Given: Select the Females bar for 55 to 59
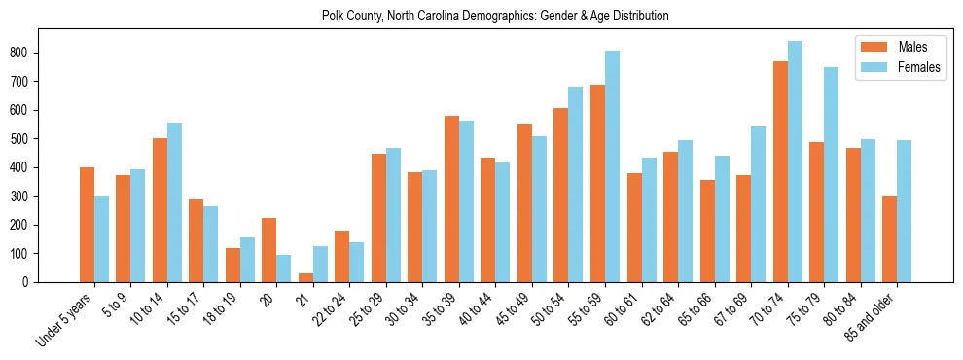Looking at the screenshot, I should [612, 166].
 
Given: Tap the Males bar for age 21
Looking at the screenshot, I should [305, 277].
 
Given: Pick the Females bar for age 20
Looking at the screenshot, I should [284, 269].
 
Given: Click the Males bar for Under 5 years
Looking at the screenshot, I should [87, 225].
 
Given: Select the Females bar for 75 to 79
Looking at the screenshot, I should [831, 175].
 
